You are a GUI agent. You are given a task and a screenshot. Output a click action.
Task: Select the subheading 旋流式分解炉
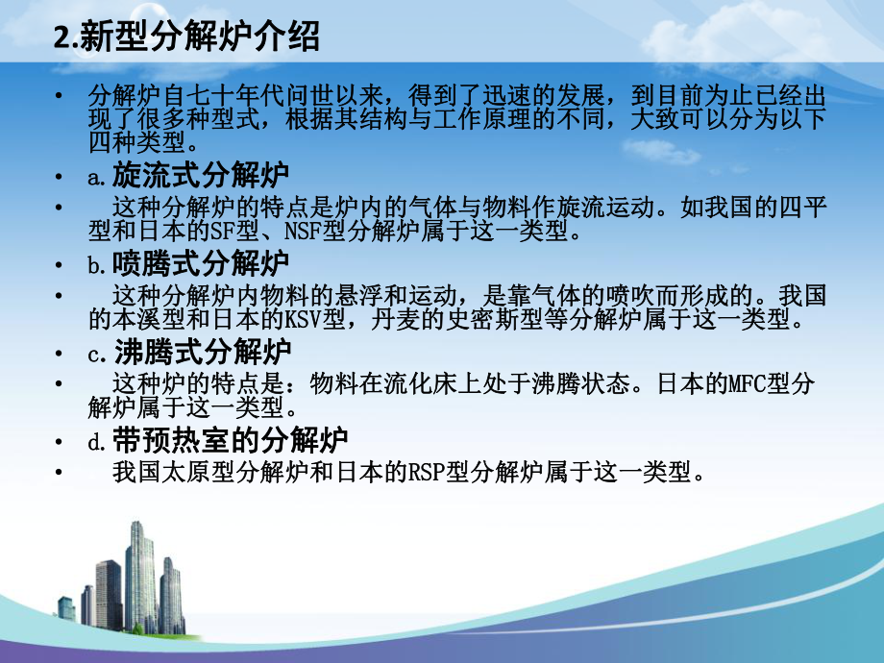click(x=201, y=175)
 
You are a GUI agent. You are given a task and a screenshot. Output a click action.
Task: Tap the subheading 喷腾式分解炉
click(x=201, y=263)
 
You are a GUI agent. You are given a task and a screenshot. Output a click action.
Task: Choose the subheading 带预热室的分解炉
click(x=230, y=440)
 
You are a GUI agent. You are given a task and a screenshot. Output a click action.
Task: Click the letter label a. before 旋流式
click(x=96, y=177)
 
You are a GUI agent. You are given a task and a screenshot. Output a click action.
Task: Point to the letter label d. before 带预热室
click(x=96, y=442)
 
